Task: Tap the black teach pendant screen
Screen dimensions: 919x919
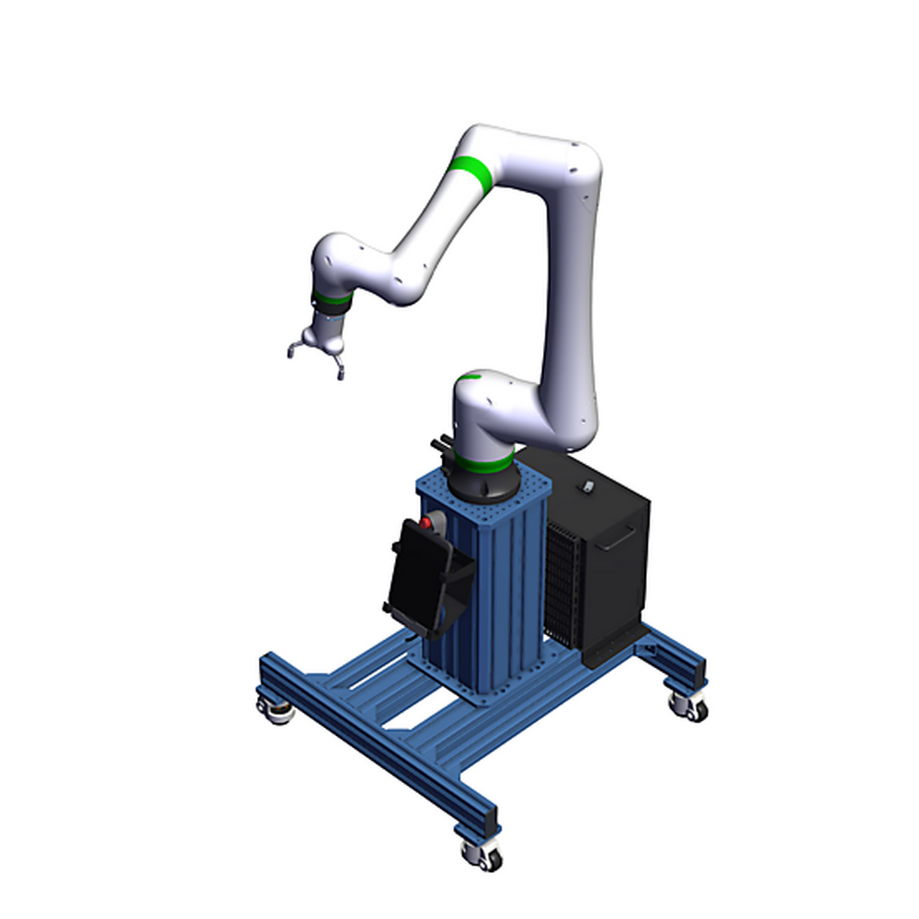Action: point(415,580)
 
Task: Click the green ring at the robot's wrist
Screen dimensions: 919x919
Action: point(330,300)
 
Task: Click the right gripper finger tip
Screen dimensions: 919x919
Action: point(340,373)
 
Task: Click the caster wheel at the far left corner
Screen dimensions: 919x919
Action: point(275,710)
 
